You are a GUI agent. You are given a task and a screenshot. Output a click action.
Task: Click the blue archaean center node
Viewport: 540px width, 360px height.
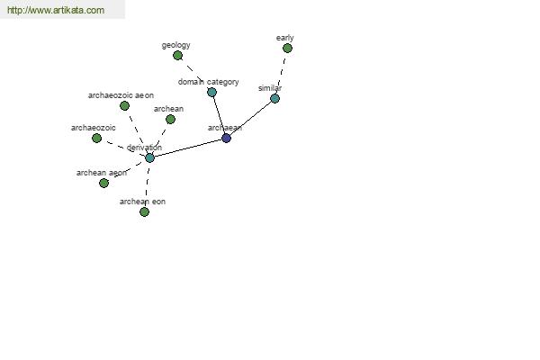[226, 138]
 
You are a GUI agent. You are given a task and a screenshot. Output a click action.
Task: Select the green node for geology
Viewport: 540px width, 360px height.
[177, 55]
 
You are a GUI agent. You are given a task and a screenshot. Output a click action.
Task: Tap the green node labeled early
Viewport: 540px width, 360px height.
[288, 49]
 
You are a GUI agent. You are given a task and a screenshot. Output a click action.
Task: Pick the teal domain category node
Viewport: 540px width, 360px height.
[211, 92]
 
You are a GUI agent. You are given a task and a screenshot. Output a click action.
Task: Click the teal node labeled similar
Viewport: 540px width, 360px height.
[274, 98]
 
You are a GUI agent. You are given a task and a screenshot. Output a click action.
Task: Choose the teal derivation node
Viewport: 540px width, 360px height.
[149, 157]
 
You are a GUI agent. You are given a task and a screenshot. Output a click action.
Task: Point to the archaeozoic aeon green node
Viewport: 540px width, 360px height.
[125, 106]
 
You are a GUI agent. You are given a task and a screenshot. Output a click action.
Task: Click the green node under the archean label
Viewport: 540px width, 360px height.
[170, 119]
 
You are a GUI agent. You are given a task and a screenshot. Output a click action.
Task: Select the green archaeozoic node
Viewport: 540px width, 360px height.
[97, 138]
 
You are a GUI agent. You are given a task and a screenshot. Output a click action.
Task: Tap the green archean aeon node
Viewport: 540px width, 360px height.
[104, 183]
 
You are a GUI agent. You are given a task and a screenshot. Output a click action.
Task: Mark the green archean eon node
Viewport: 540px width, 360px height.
[145, 211]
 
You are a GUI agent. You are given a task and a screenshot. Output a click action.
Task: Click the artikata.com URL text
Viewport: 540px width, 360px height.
[56, 10]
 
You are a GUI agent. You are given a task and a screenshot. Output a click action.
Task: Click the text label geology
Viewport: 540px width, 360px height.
[176, 45]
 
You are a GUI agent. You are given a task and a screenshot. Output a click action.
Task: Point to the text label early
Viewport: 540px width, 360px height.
[284, 38]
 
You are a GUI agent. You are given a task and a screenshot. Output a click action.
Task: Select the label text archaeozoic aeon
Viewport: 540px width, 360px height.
[121, 95]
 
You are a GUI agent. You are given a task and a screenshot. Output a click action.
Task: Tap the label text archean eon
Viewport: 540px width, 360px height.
[142, 202]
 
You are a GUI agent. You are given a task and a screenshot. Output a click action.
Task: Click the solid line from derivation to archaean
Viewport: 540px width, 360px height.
[188, 148]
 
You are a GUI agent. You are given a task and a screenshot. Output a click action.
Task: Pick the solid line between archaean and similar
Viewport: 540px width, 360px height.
[251, 118]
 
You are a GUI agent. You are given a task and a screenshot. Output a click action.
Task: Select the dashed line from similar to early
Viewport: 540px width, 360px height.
[282, 73]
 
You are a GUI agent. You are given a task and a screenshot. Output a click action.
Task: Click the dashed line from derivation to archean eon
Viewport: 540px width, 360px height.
[147, 184]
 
